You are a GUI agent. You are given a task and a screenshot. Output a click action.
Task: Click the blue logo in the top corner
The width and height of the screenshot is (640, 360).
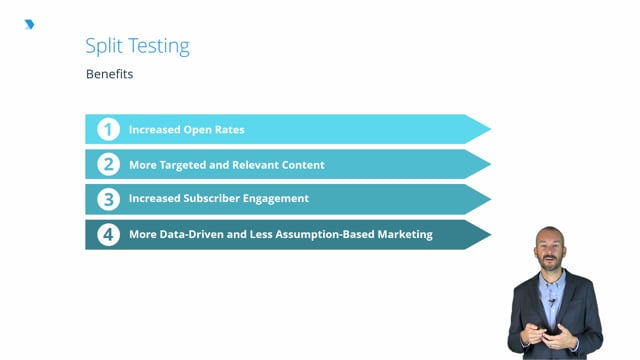pyautogui.click(x=29, y=24)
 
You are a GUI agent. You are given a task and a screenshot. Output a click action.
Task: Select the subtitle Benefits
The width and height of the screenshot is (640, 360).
pyautogui.click(x=109, y=74)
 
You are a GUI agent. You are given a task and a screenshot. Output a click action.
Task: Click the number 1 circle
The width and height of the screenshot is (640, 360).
pyautogui.click(x=108, y=130)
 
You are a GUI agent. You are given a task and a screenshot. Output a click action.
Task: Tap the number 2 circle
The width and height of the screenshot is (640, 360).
pyautogui.click(x=108, y=164)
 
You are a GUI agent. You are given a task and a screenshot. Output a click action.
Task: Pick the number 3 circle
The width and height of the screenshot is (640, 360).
pyautogui.click(x=108, y=199)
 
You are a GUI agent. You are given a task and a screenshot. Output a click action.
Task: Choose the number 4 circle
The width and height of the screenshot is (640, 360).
pyautogui.click(x=108, y=234)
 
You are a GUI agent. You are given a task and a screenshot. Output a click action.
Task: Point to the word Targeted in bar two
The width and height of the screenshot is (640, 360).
pyautogui.click(x=203, y=165)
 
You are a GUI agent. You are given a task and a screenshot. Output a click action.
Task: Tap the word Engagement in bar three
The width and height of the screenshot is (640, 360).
pyautogui.click(x=278, y=199)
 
